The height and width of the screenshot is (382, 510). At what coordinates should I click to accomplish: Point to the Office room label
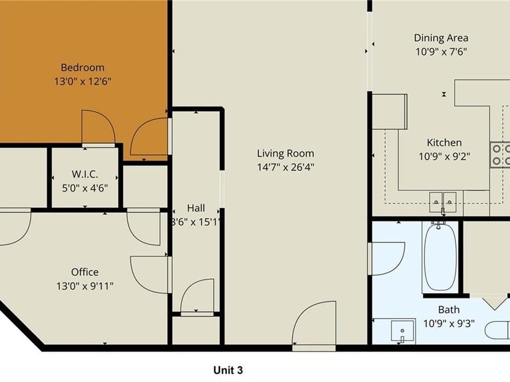pos(84,272)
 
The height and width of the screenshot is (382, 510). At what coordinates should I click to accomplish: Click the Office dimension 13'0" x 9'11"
pos(84,286)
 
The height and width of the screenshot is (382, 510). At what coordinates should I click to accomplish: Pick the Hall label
pos(195,208)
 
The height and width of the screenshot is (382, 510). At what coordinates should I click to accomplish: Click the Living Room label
pos(285,153)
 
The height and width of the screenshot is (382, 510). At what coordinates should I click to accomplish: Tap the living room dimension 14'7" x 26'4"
pos(285,167)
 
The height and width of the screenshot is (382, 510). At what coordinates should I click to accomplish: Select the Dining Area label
pos(441,38)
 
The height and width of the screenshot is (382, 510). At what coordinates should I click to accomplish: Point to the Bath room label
pos(448,310)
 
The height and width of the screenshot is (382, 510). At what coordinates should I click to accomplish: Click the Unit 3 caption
pos(228,370)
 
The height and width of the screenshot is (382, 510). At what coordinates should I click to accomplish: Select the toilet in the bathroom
pos(499,331)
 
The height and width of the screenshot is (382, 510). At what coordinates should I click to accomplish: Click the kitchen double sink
pos(443,199)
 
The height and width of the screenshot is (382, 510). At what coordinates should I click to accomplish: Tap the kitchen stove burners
pos(499,155)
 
